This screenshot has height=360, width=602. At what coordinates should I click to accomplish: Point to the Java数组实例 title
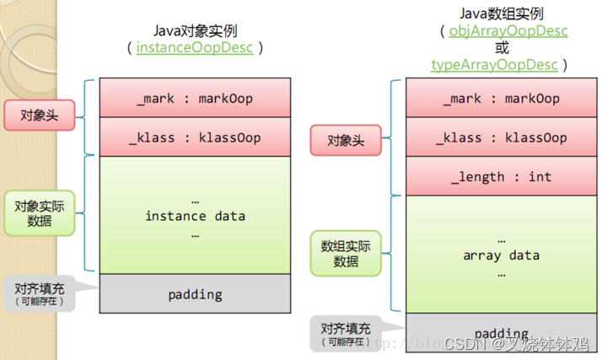point(503,13)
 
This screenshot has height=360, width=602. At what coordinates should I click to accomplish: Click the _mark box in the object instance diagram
point(195,99)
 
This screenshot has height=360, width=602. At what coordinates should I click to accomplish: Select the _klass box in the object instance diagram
point(195,138)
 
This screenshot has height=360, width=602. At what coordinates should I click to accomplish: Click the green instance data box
point(195,216)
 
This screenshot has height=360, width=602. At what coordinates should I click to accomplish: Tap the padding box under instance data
point(195,294)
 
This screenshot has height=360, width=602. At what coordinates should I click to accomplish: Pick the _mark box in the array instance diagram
point(503,99)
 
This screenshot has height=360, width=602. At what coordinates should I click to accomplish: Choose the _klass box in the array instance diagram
point(503,138)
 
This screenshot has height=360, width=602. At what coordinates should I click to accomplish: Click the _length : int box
point(503,177)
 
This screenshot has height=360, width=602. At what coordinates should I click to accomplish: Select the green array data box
point(503,255)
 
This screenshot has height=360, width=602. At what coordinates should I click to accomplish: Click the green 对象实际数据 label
point(39,212)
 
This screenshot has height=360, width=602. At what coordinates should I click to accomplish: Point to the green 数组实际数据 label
point(346,253)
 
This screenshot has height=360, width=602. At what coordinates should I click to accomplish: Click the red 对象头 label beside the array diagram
point(346,140)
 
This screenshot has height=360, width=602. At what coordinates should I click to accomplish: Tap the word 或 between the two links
point(503,48)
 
